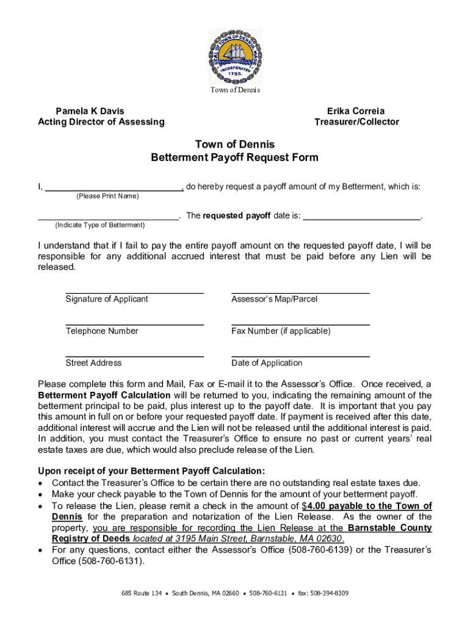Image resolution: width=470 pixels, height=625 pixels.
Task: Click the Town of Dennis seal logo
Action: pyautogui.click(x=234, y=56)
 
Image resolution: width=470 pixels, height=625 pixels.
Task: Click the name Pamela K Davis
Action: pyautogui.click(x=90, y=111)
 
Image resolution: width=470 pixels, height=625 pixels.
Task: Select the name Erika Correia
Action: pyautogui.click(x=356, y=111)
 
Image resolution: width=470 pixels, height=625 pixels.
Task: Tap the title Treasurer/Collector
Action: pyautogui.click(x=356, y=121)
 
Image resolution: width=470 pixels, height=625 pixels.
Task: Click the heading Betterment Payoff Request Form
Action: pyautogui.click(x=234, y=157)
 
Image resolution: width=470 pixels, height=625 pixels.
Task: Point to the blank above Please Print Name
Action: pyautogui.click(x=114, y=187)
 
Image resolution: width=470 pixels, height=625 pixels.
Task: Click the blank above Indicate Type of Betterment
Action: pyautogui.click(x=108, y=216)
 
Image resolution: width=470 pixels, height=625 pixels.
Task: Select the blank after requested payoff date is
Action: pyautogui.click(x=362, y=216)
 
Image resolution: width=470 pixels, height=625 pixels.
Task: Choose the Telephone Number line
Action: pyautogui.click(x=134, y=323)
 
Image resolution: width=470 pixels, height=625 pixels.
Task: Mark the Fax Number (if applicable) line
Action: pyautogui.click(x=300, y=323)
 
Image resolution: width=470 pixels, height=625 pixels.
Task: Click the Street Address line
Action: pyautogui.click(x=134, y=355)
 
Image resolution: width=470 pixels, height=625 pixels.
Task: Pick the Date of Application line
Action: pyautogui.click(x=300, y=355)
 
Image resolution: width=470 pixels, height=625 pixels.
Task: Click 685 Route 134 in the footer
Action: pyautogui.click(x=142, y=593)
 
